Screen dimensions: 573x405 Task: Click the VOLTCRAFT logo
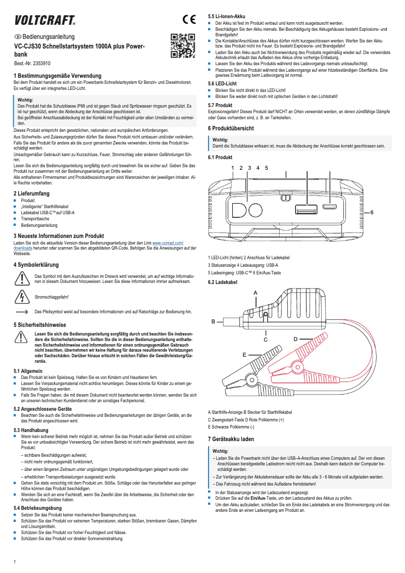click(45, 20)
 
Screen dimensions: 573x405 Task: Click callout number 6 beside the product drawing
click(372, 212)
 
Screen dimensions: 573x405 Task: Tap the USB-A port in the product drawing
click(307, 210)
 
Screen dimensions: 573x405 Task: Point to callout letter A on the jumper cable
click(255, 293)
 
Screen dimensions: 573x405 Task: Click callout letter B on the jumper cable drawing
click(213, 321)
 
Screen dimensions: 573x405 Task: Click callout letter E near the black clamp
click(244, 355)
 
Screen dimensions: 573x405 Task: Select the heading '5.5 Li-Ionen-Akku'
click(227, 17)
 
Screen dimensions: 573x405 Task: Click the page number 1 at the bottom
click(15, 562)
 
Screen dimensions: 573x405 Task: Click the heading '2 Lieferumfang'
click(31, 194)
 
